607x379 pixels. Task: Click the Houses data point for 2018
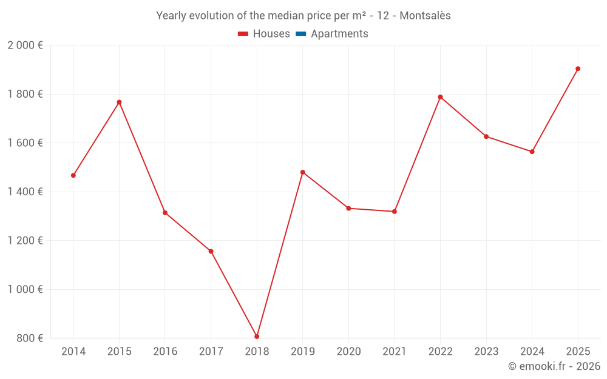[257, 337]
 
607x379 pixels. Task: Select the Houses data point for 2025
[578, 69]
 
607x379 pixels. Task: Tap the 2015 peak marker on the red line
[119, 102]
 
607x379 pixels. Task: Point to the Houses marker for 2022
[440, 97]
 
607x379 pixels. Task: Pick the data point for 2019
[303, 172]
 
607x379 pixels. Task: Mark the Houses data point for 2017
[211, 251]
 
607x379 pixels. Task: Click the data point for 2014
[73, 175]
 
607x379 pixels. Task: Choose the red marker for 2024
[532, 152]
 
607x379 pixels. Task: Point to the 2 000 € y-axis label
[25, 45]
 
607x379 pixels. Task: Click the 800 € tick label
[29, 338]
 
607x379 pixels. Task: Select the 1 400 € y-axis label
[25, 192]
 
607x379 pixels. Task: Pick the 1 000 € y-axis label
[25, 289]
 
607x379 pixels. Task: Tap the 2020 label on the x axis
[348, 352]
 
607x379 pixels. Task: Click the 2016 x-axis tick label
[165, 352]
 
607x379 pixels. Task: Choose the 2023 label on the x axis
[486, 352]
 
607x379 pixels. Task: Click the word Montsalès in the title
[425, 16]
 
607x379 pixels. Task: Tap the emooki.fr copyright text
[554, 366]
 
